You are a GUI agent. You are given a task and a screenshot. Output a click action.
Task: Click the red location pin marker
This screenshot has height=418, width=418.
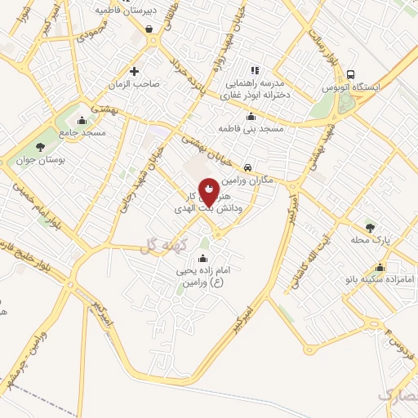209,190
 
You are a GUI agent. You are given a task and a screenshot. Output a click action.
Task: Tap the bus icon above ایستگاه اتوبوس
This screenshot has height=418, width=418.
351,73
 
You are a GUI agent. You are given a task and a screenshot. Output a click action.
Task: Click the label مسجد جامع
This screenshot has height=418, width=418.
82,131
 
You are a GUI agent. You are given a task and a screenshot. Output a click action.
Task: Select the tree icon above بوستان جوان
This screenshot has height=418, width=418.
40,146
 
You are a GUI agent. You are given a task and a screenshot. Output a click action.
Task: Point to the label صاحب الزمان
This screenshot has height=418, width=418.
145,83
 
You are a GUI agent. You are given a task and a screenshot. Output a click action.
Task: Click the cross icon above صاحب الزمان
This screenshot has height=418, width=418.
145,70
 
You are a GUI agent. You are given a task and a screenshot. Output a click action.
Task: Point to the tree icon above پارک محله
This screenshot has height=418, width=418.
371,229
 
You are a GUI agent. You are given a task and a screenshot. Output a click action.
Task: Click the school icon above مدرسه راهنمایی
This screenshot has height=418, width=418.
254,70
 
